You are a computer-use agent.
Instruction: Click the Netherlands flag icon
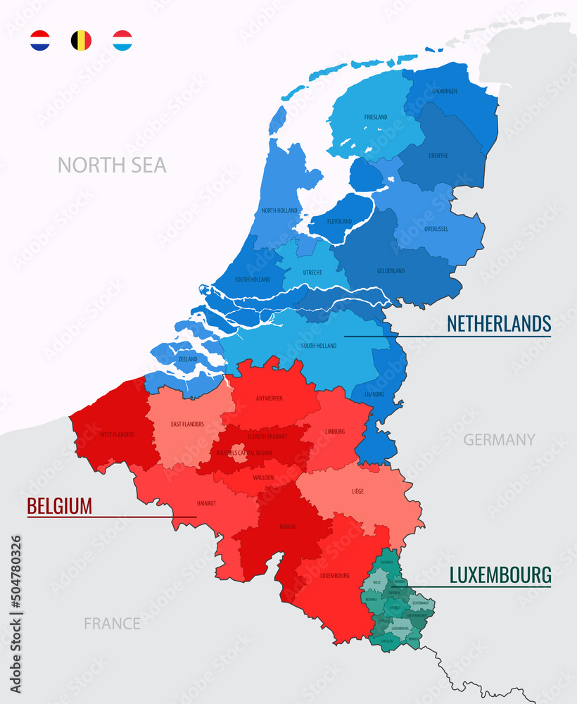[x=40, y=40]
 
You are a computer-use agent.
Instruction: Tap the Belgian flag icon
[x=81, y=40]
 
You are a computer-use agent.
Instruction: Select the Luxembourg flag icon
[x=122, y=40]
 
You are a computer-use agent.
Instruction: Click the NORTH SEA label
[x=112, y=165]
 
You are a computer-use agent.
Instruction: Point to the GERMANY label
[x=499, y=440]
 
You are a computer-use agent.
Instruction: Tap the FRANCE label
[x=112, y=624]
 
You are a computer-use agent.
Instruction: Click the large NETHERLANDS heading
[x=499, y=324]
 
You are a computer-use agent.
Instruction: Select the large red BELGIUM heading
[x=60, y=506]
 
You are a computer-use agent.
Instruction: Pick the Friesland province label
[x=376, y=117]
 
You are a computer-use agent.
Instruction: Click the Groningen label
[x=445, y=92]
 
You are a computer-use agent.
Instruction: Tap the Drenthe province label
[x=438, y=156]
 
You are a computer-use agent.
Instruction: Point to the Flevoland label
[x=340, y=222]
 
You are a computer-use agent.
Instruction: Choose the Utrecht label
[x=312, y=272]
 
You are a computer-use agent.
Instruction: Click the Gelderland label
[x=391, y=271]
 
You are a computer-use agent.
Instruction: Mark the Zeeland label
[x=188, y=359]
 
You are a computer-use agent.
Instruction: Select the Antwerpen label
[x=270, y=398]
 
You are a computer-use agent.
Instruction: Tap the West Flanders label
[x=117, y=434]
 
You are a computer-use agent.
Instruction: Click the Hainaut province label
[x=206, y=503]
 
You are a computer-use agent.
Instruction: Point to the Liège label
[x=357, y=491]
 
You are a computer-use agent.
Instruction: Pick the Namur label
[x=286, y=527]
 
